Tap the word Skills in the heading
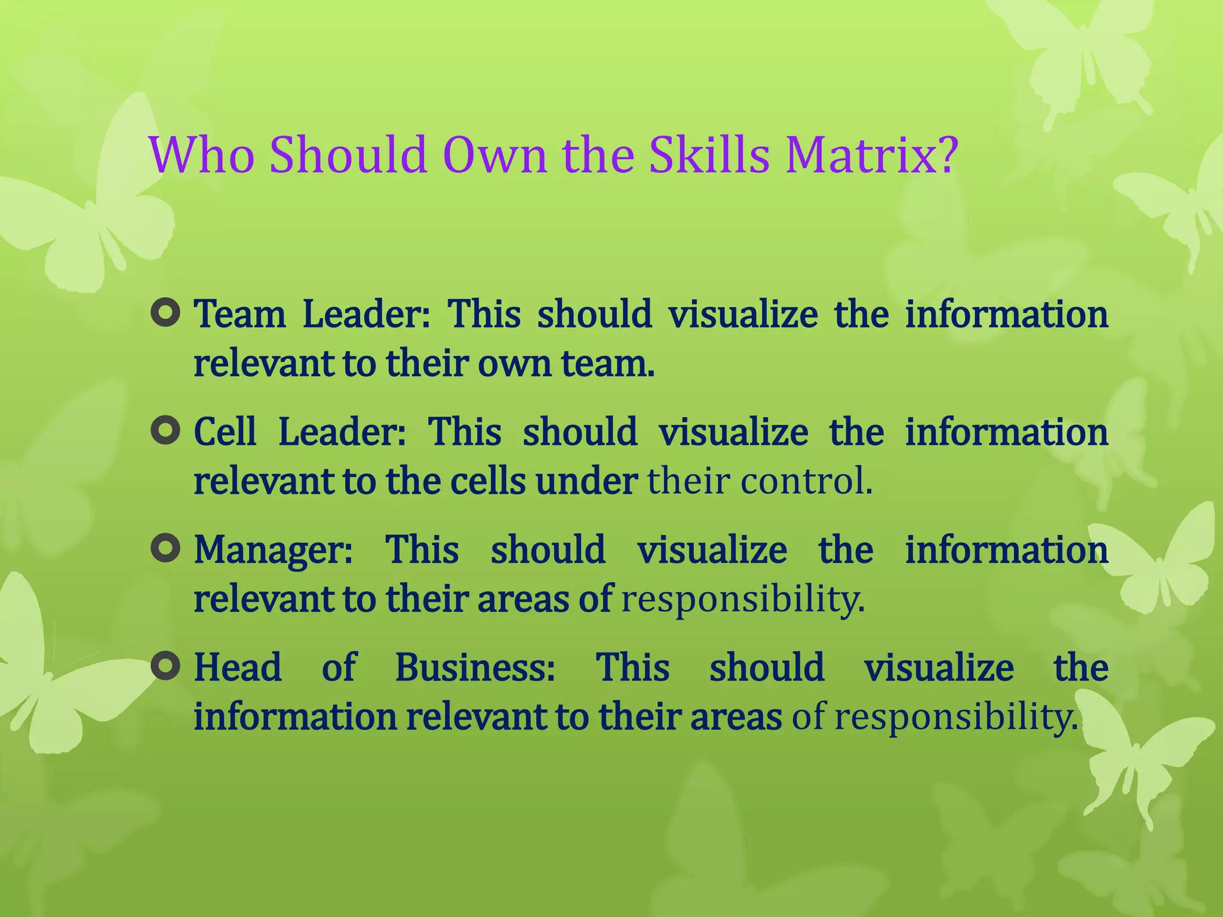tap(709, 155)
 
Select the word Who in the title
tap(202, 155)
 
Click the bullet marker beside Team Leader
tap(165, 313)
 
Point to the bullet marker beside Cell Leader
tap(165, 431)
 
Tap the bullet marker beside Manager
tap(165, 549)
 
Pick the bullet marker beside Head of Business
tap(165, 666)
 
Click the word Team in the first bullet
tap(240, 315)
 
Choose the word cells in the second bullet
tap(488, 481)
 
